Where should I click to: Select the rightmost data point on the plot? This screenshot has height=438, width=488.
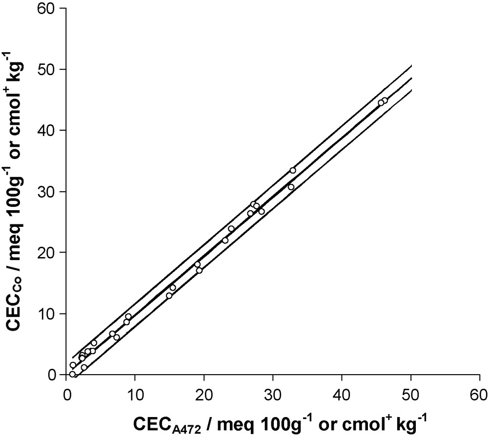click(385, 100)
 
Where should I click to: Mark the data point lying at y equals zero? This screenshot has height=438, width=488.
click(72, 374)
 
